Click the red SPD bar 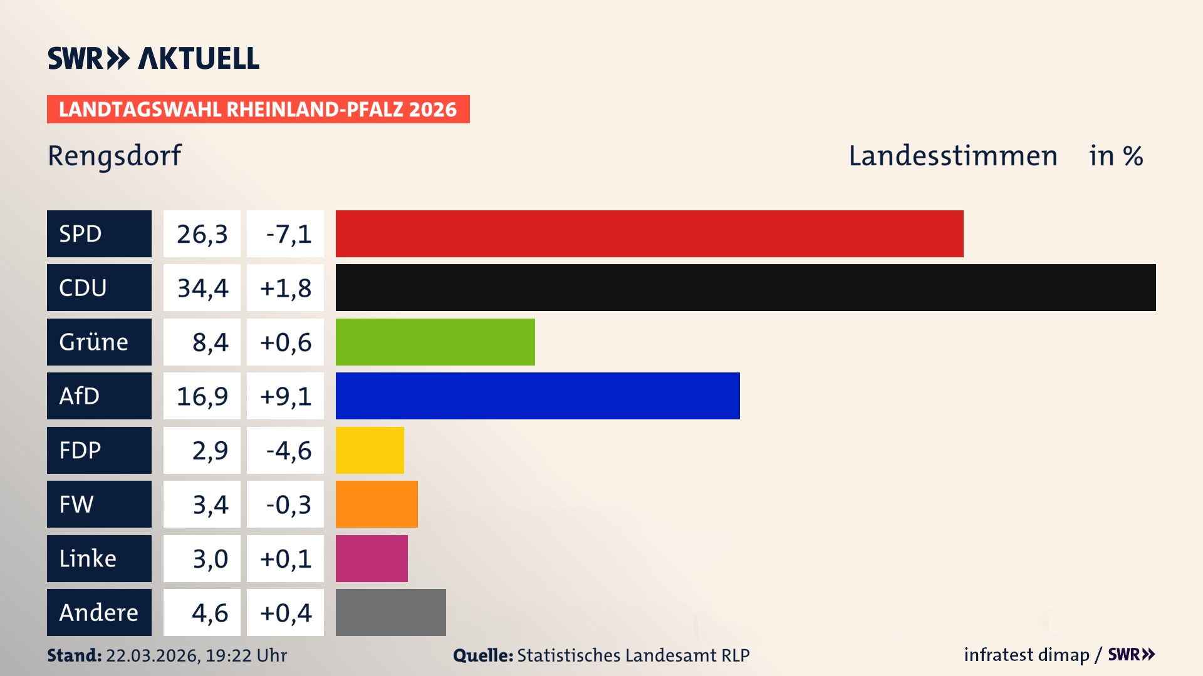[x=649, y=233]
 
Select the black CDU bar [x=746, y=288]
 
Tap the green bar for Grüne [x=435, y=342]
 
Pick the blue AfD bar [x=538, y=396]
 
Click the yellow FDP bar [x=370, y=450]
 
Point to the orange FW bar [x=377, y=504]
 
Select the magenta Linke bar [x=372, y=558]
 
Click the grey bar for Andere [x=390, y=612]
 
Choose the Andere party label [x=99, y=612]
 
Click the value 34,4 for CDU [x=202, y=288]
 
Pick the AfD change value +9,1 [x=285, y=396]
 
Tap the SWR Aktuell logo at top [x=153, y=58]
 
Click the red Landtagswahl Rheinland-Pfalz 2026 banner [x=258, y=109]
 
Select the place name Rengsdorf [x=114, y=156]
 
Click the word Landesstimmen [x=952, y=156]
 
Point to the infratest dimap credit [x=1026, y=655]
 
